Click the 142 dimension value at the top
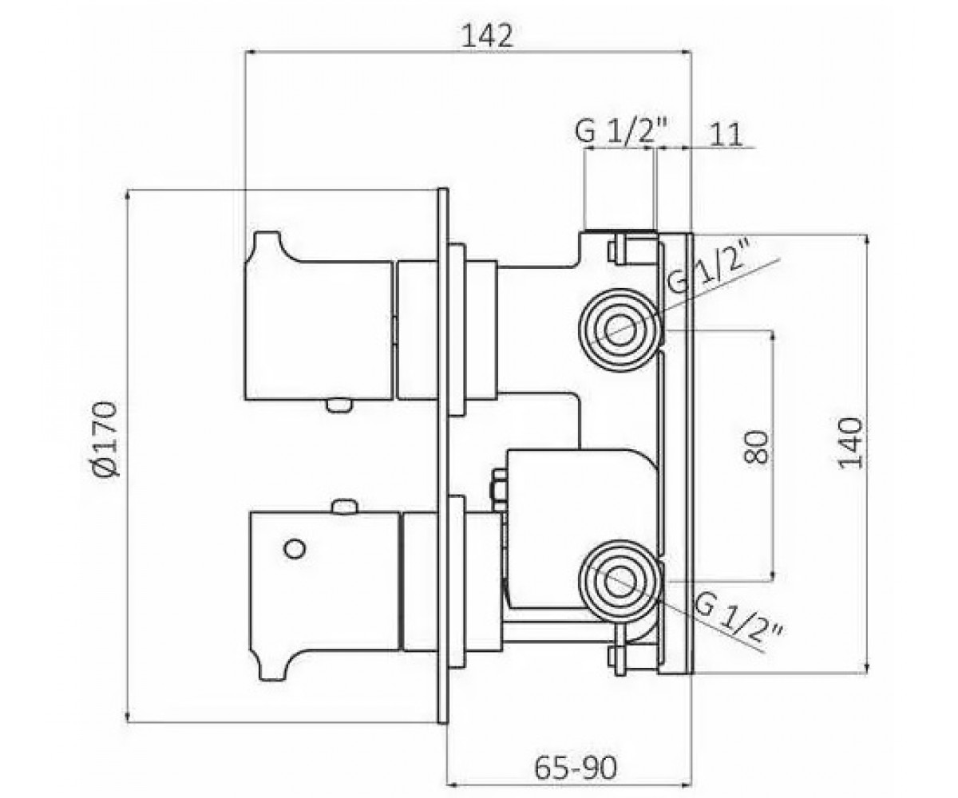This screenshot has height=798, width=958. (487, 36)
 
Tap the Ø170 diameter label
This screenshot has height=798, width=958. (105, 440)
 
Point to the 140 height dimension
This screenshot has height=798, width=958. (849, 443)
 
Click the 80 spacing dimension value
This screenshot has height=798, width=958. (756, 447)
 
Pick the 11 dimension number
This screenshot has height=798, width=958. (726, 136)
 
